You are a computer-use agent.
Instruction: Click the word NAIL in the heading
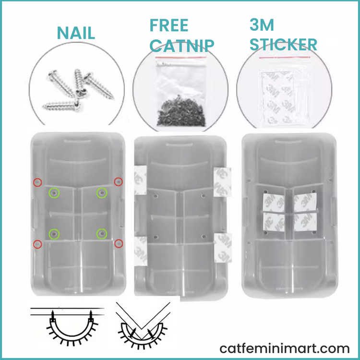pyautogui.click(x=76, y=33)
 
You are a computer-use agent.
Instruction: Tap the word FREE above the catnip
pyautogui.click(x=169, y=25)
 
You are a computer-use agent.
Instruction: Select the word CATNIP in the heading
pyautogui.click(x=182, y=45)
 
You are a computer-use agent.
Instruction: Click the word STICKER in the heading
pyautogui.click(x=283, y=44)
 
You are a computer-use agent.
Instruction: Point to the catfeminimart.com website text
pyautogui.click(x=285, y=348)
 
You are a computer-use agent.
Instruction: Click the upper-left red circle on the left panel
pyautogui.click(x=37, y=182)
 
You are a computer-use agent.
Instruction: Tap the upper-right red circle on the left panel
pyautogui.click(x=118, y=182)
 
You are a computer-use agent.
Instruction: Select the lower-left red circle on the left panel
pyautogui.click(x=37, y=244)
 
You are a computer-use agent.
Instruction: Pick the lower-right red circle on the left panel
pyautogui.click(x=119, y=243)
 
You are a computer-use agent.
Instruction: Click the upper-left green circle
pyautogui.click(x=54, y=193)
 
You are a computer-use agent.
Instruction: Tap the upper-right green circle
pyautogui.click(x=102, y=192)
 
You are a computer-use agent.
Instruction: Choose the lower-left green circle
pyautogui.click(x=54, y=234)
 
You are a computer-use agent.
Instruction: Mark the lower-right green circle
pyautogui.click(x=102, y=234)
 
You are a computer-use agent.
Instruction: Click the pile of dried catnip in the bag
pyautogui.click(x=181, y=112)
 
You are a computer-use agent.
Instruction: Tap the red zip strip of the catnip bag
pyautogui.click(x=180, y=57)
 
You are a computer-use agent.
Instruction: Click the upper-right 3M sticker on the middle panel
pyautogui.click(x=222, y=182)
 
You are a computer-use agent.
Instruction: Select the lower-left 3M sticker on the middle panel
pyautogui.click(x=141, y=251)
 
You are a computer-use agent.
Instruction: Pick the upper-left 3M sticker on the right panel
pyautogui.click(x=274, y=203)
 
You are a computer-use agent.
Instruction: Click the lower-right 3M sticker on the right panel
pyautogui.click(x=305, y=222)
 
